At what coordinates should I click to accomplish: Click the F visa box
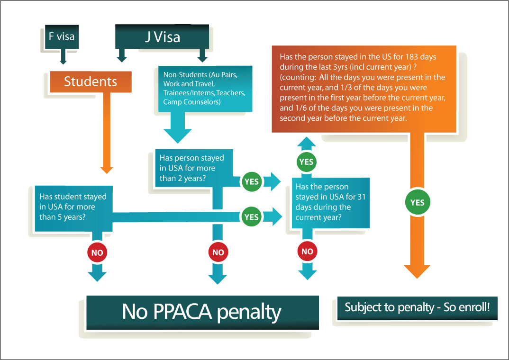coord(61,37)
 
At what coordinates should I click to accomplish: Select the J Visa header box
coord(162,37)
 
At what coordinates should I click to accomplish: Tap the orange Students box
coord(91,81)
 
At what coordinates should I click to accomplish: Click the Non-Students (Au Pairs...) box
coord(204,89)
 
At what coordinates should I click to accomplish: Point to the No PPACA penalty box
coord(202,312)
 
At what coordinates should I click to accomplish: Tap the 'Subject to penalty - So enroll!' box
coord(417,307)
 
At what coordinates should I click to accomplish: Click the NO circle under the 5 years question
coord(97,252)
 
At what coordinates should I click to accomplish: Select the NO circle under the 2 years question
coord(218,252)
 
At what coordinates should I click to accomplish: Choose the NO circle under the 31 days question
coord(307,252)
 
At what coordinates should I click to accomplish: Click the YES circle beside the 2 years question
coord(251,181)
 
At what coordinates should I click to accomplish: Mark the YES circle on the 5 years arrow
coord(251,216)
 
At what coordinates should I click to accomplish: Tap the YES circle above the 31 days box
coord(307,162)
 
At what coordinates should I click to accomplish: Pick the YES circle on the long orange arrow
coord(417,203)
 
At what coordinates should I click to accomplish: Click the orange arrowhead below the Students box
coord(107,169)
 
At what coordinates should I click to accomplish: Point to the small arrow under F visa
coord(63,59)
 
